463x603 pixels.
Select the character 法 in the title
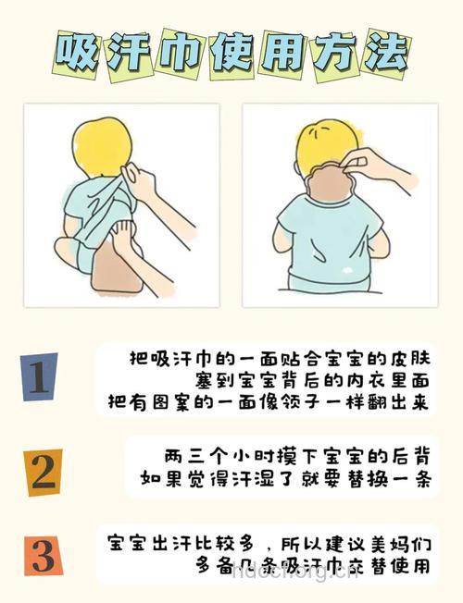(x=383, y=55)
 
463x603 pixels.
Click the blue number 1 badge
(x=39, y=378)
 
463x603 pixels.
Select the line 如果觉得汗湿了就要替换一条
(x=289, y=479)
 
